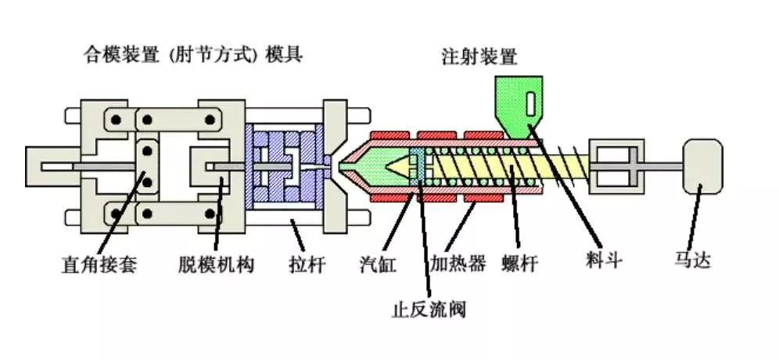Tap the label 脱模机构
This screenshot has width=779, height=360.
216,265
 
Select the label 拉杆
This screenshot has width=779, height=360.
307,265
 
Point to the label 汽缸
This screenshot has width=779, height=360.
378,265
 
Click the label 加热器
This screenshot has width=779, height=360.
458,263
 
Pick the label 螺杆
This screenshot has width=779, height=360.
519,264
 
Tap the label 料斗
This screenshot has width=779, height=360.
604,260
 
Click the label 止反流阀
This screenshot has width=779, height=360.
429,310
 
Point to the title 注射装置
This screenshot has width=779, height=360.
479,57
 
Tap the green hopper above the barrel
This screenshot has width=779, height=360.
519,107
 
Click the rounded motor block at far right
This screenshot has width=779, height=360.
702,167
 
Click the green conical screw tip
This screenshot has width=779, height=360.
398,166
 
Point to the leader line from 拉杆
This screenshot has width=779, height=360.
297,238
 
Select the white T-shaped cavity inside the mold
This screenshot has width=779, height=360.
293,166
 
